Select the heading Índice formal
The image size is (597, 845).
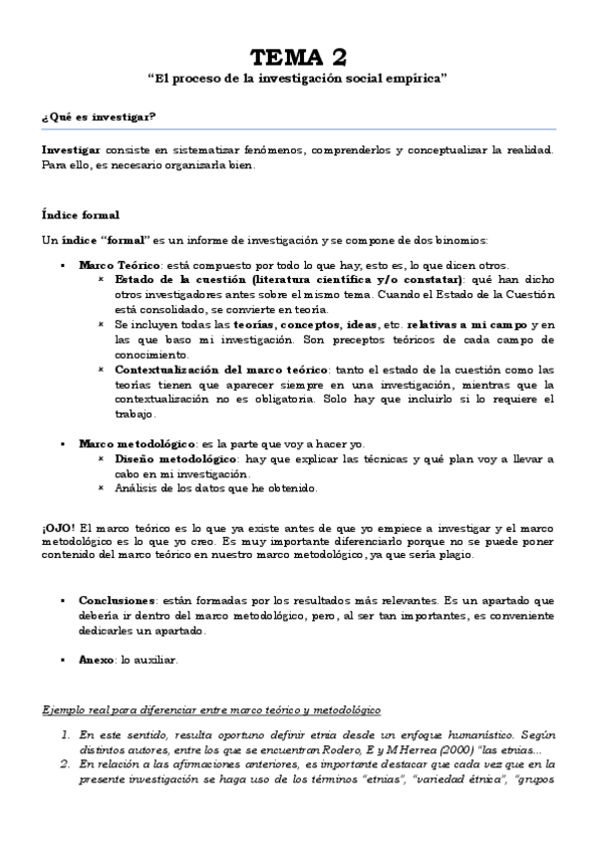tap(81, 214)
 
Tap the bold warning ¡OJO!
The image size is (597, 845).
tap(58, 526)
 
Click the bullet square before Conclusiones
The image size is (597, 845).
tap(65, 602)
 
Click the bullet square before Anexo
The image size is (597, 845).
tap(65, 660)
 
